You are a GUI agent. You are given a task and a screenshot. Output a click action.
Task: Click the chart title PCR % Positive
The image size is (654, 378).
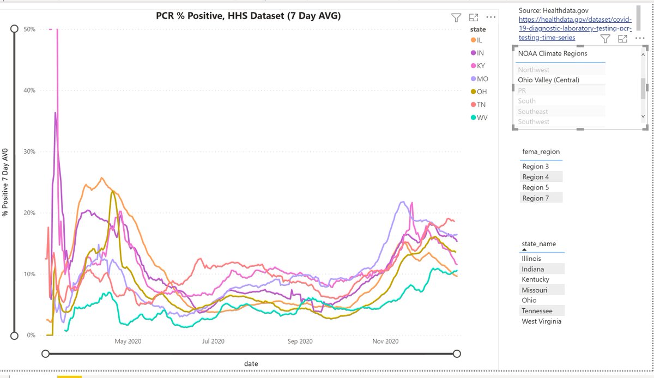point(248,17)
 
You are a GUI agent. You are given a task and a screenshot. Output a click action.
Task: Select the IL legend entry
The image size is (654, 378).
point(479,40)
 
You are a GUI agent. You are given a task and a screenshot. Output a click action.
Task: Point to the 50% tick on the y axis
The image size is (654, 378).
point(29,29)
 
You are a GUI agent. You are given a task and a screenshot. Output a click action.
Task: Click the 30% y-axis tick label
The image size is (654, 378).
point(29,151)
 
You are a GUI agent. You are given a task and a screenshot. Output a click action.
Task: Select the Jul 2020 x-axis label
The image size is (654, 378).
point(213,342)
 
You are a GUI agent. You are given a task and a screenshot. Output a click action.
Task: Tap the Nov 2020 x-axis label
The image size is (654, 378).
point(385,342)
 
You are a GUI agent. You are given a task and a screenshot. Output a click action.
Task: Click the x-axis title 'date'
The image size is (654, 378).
point(251,363)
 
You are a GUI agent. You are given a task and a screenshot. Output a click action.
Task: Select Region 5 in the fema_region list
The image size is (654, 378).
point(535,187)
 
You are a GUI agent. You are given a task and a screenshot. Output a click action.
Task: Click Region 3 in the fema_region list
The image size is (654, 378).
point(535,167)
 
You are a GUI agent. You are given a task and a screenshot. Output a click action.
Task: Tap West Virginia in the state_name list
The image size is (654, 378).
point(541,321)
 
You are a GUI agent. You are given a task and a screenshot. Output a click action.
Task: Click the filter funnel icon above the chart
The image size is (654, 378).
point(456,18)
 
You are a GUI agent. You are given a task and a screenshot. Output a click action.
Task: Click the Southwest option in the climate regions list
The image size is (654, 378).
point(534,121)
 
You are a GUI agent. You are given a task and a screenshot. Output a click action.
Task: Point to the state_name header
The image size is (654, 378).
point(538,244)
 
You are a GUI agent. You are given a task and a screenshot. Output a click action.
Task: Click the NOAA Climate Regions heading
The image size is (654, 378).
point(553,53)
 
